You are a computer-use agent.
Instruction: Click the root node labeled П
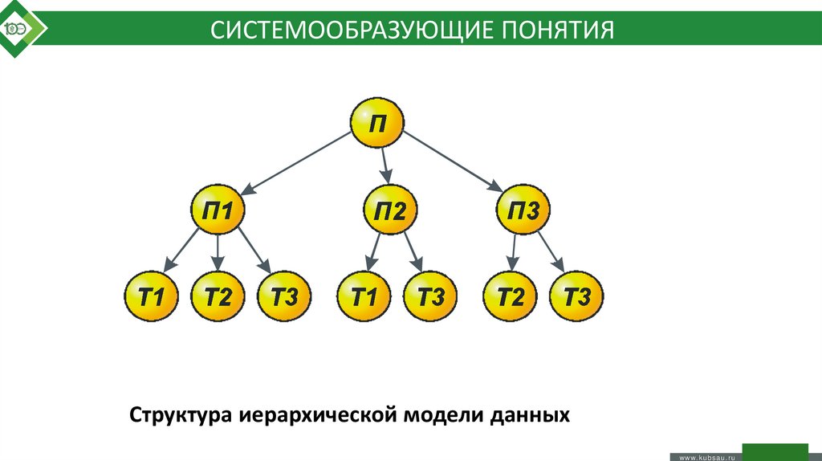[377, 124]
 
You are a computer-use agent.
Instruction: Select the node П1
[218, 211]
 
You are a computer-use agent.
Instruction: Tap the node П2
[389, 211]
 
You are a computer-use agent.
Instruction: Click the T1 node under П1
[151, 296]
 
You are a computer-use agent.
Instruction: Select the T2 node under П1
[218, 296]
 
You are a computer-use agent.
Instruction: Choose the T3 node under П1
[284, 296]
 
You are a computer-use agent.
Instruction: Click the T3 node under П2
[429, 296]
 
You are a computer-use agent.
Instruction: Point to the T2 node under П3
[510, 296]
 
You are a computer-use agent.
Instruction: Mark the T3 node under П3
[576, 296]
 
